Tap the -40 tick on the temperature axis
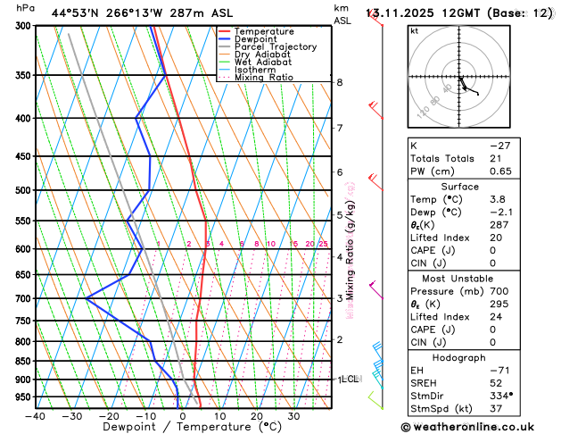[x=36, y=415]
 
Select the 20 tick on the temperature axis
[x=257, y=415]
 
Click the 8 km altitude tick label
[x=340, y=82]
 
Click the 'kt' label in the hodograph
[x=415, y=30]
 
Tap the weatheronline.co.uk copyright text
[x=480, y=427]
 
